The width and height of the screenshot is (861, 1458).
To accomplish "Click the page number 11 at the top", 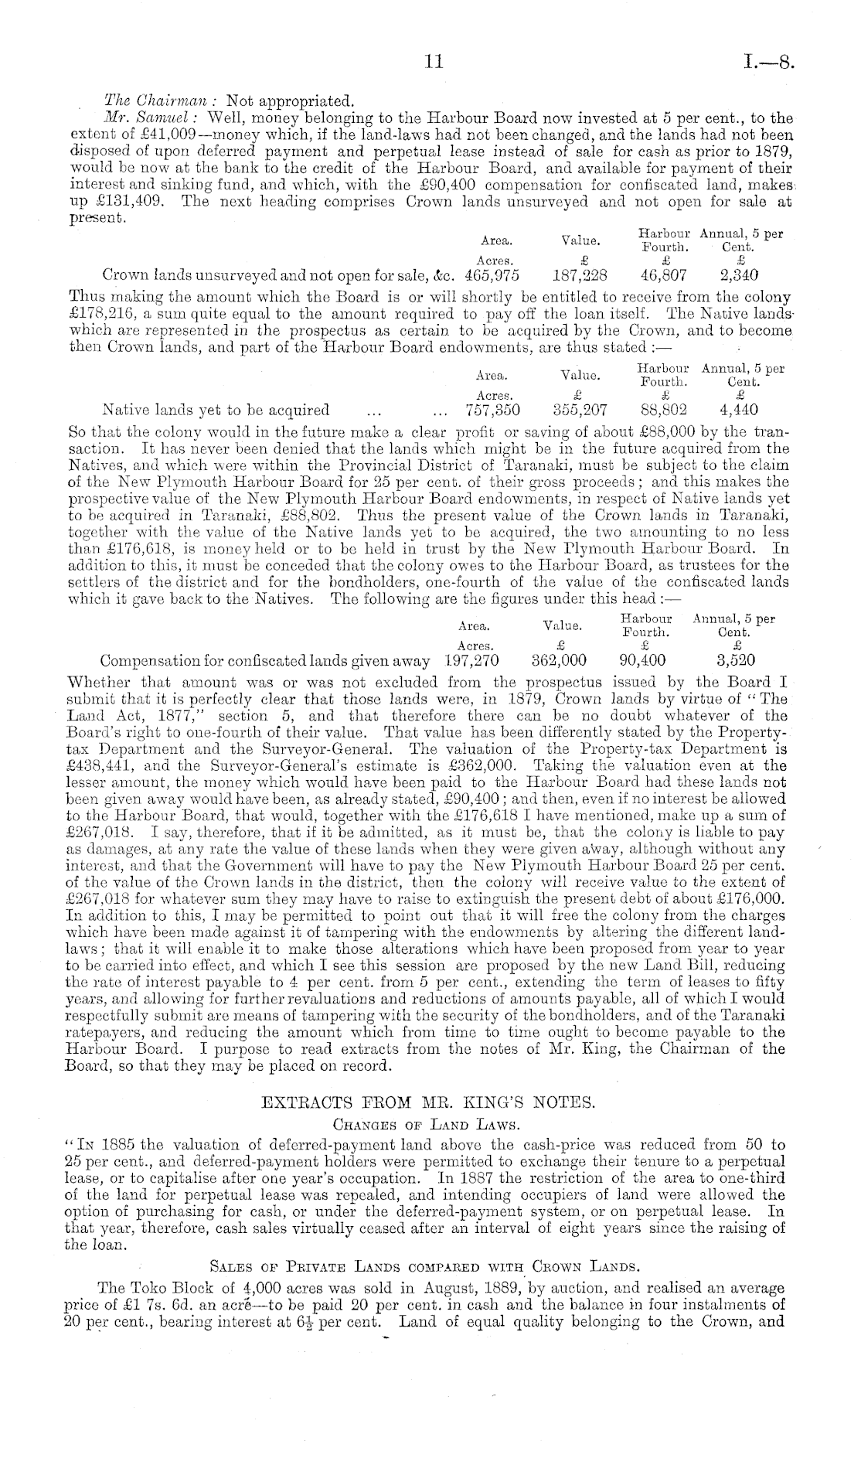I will click(x=432, y=62).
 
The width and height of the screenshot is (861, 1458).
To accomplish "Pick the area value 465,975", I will click(x=492, y=275).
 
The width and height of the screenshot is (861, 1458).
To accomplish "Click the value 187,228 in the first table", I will click(x=580, y=275).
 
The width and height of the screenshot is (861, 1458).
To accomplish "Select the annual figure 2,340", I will click(x=738, y=275).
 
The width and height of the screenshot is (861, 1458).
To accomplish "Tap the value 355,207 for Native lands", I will click(x=581, y=410).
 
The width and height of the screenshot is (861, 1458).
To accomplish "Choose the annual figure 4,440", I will click(x=738, y=410).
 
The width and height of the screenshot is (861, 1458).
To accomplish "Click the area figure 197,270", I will click(x=471, y=661).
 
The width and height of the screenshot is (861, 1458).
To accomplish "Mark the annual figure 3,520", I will click(x=736, y=661).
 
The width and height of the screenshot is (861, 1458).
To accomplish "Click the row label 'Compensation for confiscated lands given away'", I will click(x=264, y=661).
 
